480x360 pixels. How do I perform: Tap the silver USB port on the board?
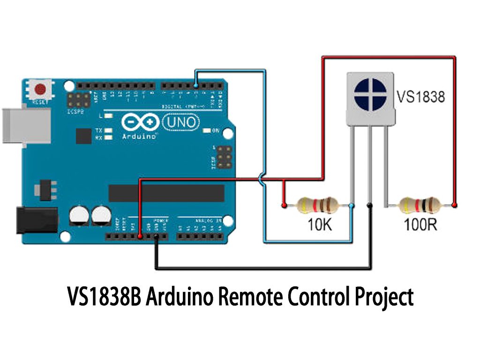click(x=26, y=126)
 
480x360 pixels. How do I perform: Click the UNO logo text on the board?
click(x=181, y=122)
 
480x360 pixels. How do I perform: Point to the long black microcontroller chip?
click(x=166, y=193)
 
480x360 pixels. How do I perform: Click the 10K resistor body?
click(x=317, y=205)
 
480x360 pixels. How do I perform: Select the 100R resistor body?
click(x=420, y=205)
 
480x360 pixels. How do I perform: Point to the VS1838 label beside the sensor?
click(x=420, y=97)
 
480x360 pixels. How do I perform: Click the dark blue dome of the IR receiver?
click(x=370, y=94)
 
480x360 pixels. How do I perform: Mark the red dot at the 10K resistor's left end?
click(x=283, y=205)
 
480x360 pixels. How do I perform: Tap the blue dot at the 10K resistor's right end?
click(x=352, y=205)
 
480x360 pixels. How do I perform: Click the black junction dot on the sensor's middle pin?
click(x=370, y=205)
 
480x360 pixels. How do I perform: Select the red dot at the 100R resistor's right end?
click(x=454, y=205)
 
